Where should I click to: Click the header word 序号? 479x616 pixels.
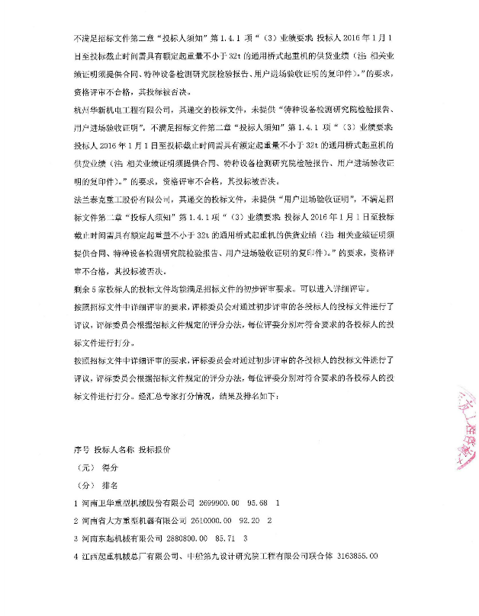(x=81, y=448)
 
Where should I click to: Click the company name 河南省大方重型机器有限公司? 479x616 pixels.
(x=133, y=522)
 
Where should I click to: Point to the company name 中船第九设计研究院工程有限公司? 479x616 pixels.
(x=243, y=558)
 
